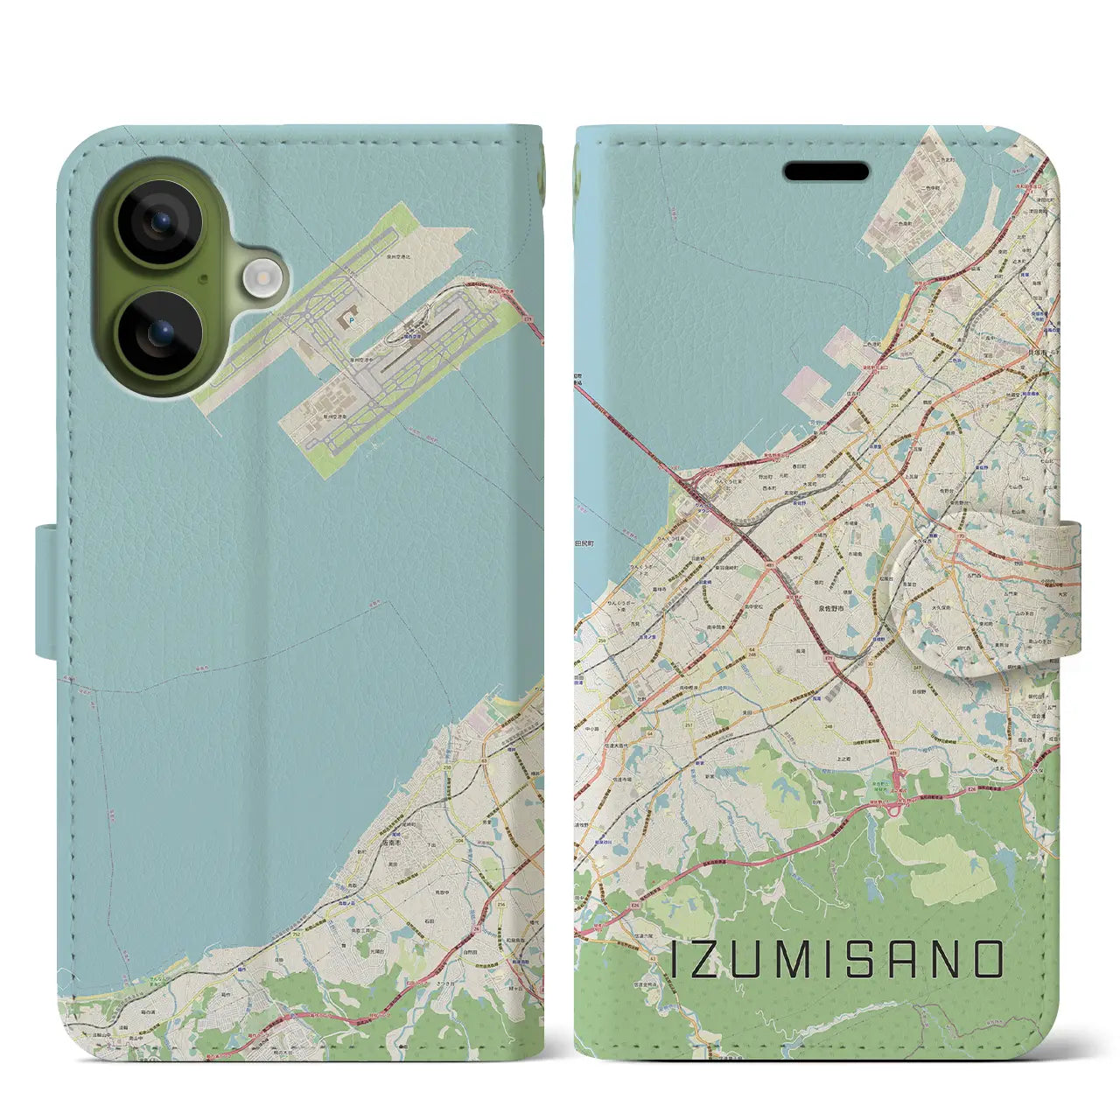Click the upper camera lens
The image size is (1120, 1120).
click(x=158, y=221)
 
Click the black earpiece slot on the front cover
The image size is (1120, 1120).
click(x=826, y=171)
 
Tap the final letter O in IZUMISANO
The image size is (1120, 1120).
click(x=988, y=960)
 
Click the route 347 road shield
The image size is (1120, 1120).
click(x=916, y=667)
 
